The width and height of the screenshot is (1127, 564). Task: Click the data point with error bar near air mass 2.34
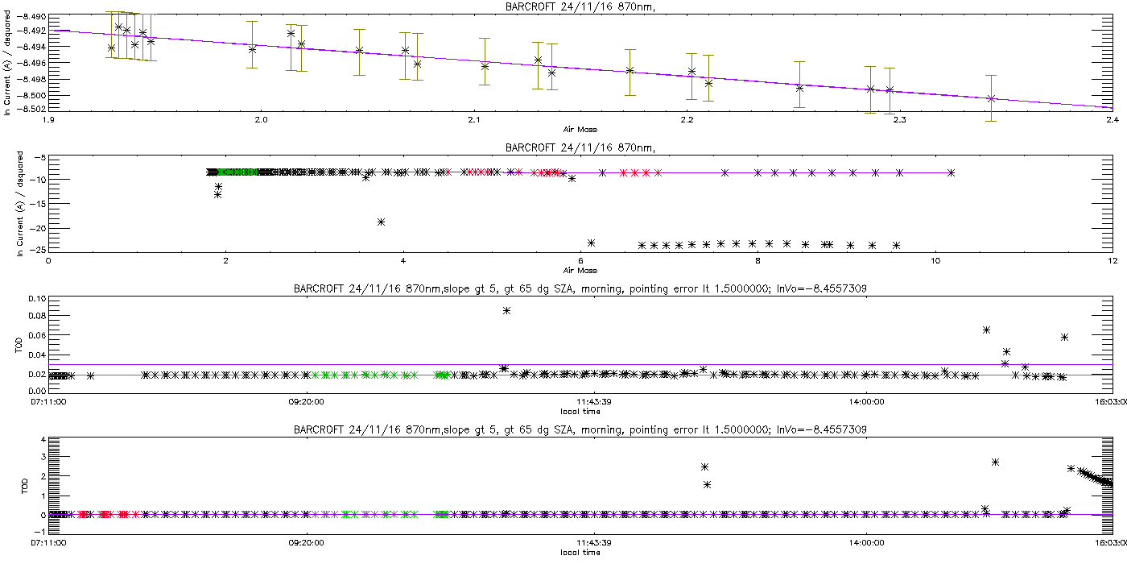[x=991, y=98]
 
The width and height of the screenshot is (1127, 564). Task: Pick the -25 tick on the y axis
[x=37, y=251]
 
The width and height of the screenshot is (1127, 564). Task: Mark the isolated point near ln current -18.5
[x=382, y=222]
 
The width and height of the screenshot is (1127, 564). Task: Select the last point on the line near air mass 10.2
[x=952, y=172]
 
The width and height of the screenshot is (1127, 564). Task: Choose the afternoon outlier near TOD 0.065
[x=986, y=330]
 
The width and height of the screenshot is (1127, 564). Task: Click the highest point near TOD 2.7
[x=996, y=462]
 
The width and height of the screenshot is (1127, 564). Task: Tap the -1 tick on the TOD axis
[x=39, y=533]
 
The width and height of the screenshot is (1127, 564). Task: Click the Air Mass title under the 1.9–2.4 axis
[x=580, y=129]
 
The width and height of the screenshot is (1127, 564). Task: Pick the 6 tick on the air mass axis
[x=580, y=260]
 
